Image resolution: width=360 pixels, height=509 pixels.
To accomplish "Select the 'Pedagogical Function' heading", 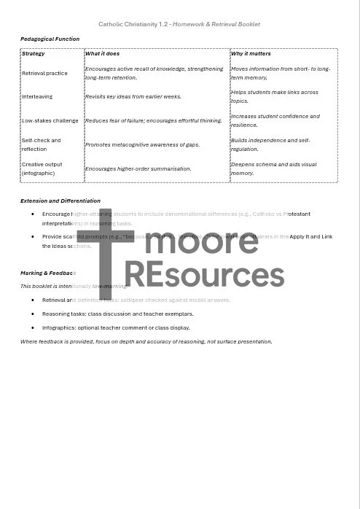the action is pyautogui.click(x=50, y=39).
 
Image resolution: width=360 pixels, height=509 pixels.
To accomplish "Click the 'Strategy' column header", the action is pyautogui.click(x=34, y=53).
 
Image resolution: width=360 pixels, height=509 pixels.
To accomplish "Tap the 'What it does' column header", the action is pyautogui.click(x=103, y=53).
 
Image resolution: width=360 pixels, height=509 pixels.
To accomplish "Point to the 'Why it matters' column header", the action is pyautogui.click(x=251, y=53).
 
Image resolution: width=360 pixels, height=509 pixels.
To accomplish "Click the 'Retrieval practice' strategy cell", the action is pyautogui.click(x=44, y=73).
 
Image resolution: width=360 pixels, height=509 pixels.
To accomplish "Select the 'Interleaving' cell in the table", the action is pyautogui.click(x=37, y=96).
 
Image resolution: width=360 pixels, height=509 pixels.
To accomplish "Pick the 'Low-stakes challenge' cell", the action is pyautogui.click(x=50, y=120).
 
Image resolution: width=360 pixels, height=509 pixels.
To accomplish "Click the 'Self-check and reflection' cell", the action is pyautogui.click(x=42, y=144).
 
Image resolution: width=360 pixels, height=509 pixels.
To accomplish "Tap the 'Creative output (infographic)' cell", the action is pyautogui.click(x=42, y=168).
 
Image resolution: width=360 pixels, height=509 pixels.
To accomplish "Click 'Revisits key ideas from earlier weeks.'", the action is pyautogui.click(x=133, y=96).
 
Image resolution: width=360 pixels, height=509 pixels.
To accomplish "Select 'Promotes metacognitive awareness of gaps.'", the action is pyautogui.click(x=142, y=144).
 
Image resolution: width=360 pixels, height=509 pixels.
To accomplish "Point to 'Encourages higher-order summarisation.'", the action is pyautogui.click(x=138, y=168).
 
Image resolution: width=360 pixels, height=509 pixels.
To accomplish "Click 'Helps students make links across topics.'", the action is pyautogui.click(x=274, y=96).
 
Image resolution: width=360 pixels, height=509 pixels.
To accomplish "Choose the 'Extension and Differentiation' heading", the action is pyautogui.click(x=60, y=201).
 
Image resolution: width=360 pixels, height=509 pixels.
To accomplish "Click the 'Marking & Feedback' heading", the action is pyautogui.click(x=48, y=273).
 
